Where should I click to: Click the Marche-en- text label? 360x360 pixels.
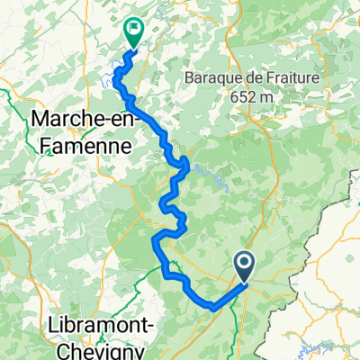tap(82, 118)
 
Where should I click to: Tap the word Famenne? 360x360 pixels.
tap(82, 142)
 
